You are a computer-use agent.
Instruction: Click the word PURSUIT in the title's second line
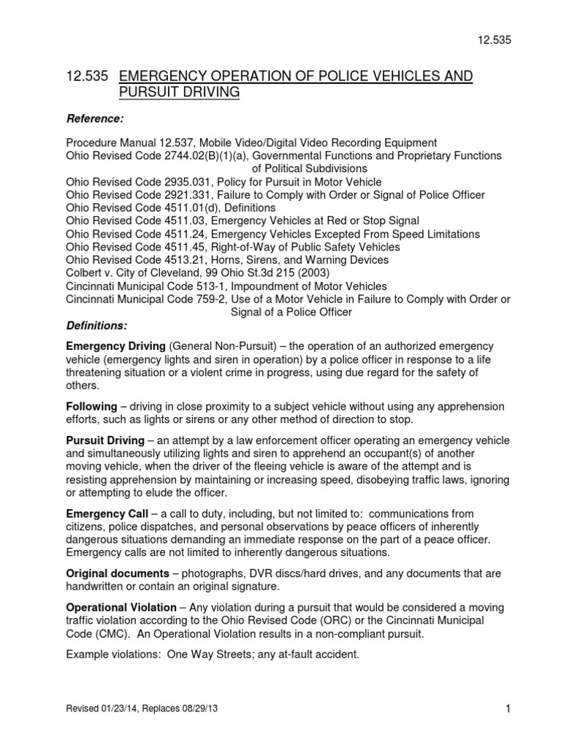click(x=147, y=93)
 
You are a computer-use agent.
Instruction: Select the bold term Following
click(x=91, y=406)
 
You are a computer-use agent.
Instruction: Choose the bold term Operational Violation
click(x=121, y=607)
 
